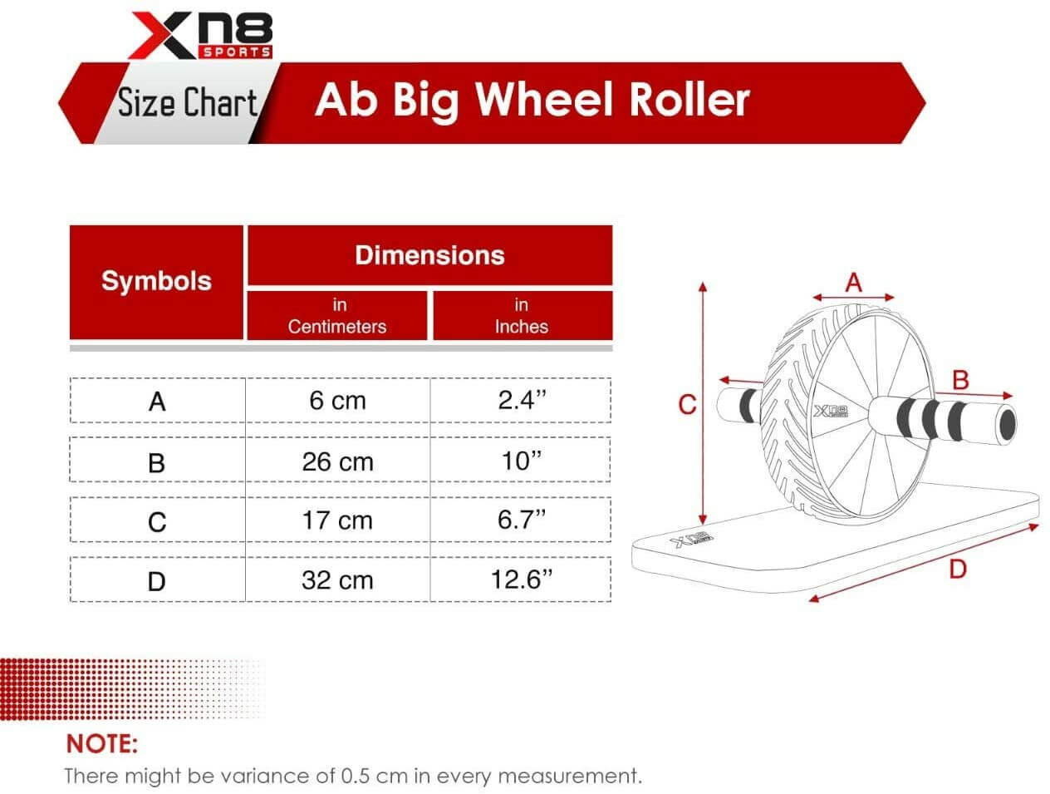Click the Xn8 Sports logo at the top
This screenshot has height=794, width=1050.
[200, 36]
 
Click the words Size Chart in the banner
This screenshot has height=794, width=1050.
[188, 102]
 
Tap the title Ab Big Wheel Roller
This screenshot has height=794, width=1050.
[532, 101]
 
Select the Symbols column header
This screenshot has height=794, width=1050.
[156, 281]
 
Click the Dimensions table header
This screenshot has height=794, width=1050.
[429, 255]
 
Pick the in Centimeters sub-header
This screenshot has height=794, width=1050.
[337, 316]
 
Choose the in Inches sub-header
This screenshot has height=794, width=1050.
[522, 316]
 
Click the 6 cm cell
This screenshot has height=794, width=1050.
[337, 400]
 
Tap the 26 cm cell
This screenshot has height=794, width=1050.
[337, 462]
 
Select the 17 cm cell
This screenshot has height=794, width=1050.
[337, 520]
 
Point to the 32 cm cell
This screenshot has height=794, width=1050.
[337, 580]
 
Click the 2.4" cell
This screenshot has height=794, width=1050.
[522, 400]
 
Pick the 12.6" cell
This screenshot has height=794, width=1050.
[522, 579]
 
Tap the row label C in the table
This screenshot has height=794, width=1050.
[157, 522]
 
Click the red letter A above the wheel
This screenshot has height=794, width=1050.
[853, 283]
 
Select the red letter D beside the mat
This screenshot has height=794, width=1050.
[958, 569]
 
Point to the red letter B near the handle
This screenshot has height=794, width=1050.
[960, 380]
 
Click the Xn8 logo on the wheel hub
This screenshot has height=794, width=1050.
[831, 411]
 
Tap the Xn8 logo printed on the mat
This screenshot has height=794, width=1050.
[692, 539]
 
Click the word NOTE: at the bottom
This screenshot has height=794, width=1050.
[102, 744]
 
